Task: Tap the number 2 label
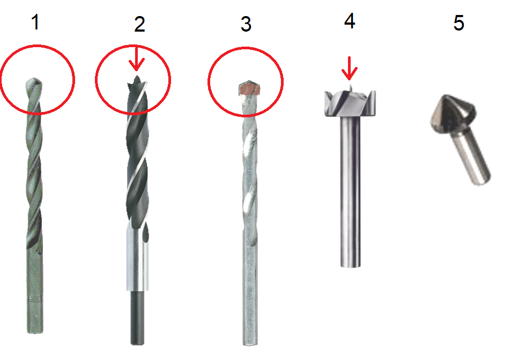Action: pos(139,24)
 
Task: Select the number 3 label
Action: pos(246,24)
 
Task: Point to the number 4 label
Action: pos(350,21)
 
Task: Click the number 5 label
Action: pos(458,23)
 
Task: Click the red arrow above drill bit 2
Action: pos(136,58)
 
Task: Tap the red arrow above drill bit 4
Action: pos(349,69)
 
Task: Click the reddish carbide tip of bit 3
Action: pos(249,88)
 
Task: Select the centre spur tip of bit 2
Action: pos(137,77)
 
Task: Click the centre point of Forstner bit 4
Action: pos(351,87)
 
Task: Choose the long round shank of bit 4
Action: pos(351,192)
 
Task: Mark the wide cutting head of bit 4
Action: pos(350,103)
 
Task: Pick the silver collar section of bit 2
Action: pos(138,260)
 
